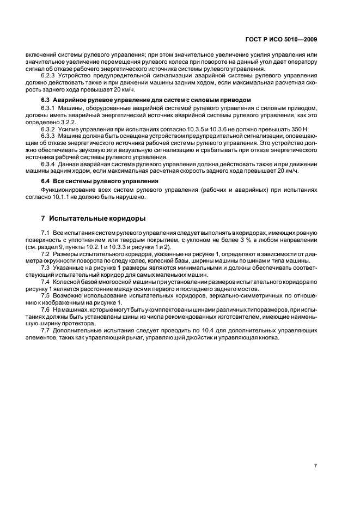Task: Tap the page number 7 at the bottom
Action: (316, 465)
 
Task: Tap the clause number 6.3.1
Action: (48, 109)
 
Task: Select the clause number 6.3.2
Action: (48, 129)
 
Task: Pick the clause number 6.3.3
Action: (48, 136)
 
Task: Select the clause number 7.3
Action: (46, 266)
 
